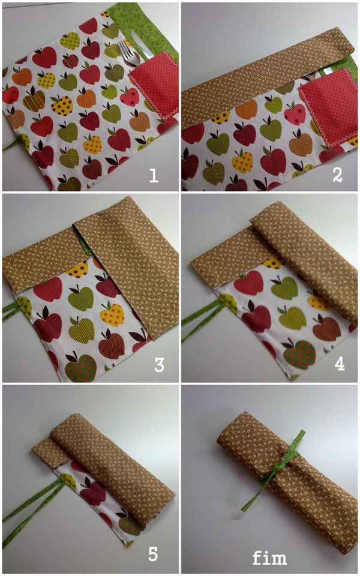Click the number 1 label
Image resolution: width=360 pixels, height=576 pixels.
[x=154, y=175]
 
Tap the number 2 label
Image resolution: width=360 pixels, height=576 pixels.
[x=337, y=175]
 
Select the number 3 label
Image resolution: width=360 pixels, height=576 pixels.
[x=158, y=365]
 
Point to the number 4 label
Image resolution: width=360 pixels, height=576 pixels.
[x=340, y=364]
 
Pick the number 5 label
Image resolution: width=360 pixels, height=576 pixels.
[x=153, y=554]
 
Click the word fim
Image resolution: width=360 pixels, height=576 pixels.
[x=269, y=557]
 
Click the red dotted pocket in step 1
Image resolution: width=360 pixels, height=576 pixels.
[x=154, y=85]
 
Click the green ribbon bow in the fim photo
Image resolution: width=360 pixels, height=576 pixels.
[x=276, y=470]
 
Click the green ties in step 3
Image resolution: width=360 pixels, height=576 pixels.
[x=14, y=310]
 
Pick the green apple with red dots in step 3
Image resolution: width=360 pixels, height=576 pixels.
[x=81, y=368]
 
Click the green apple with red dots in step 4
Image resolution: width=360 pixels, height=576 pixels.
[x=299, y=355]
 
